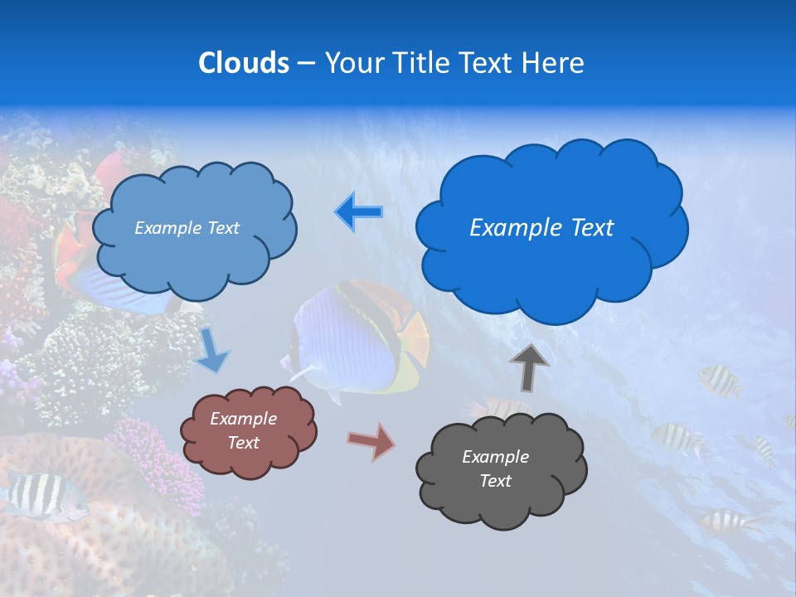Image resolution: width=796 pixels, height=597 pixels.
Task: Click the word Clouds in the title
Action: point(244,63)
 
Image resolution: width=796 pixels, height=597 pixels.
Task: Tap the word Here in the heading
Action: point(555,63)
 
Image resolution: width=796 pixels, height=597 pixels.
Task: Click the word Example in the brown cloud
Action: point(244,419)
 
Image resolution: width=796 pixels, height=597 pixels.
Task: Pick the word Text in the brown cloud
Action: point(244,443)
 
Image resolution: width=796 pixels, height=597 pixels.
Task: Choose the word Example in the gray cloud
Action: point(495,457)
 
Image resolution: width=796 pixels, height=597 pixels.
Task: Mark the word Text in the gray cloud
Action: point(495,481)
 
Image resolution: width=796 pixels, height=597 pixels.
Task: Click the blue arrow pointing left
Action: point(358,212)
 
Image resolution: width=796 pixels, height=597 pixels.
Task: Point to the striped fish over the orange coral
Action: point(41,494)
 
